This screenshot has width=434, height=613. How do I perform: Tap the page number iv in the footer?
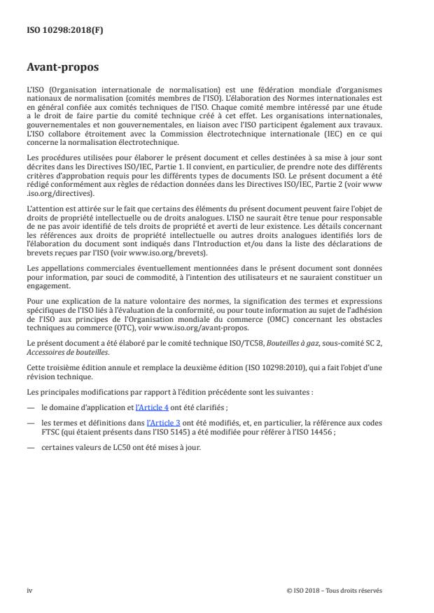coord(29,590)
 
